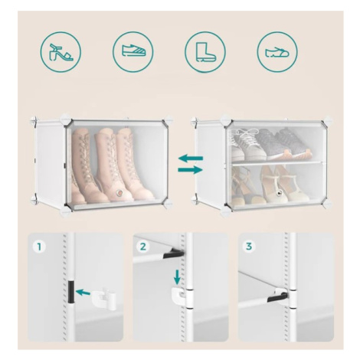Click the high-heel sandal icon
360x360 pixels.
click(x=61, y=52)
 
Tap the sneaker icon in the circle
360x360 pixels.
click(x=133, y=51)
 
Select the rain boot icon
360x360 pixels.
click(x=205, y=52)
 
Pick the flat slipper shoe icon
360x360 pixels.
click(x=277, y=52)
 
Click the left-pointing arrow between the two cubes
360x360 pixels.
click(x=191, y=158)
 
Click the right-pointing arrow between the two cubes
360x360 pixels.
click(x=191, y=169)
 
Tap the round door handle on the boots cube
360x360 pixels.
click(x=119, y=193)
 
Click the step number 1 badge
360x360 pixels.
click(x=39, y=247)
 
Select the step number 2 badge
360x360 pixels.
click(x=143, y=247)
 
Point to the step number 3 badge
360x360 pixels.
click(x=248, y=247)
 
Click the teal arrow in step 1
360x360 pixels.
click(x=83, y=293)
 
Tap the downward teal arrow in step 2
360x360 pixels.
click(x=177, y=277)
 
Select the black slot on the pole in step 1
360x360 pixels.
click(x=71, y=291)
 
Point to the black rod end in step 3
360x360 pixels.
click(x=277, y=297)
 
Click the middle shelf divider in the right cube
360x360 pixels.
click(x=277, y=162)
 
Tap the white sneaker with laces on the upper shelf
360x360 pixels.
click(x=247, y=144)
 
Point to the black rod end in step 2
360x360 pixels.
click(x=174, y=253)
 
